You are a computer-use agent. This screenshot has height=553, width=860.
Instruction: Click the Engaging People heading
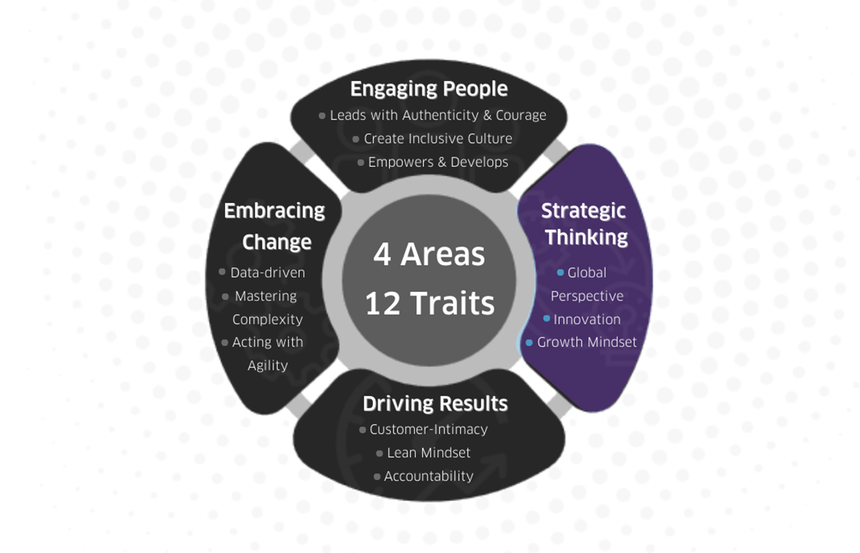[429, 89]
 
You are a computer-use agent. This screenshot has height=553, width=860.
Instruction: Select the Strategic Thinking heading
[584, 224]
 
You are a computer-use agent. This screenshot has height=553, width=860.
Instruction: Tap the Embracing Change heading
[275, 226]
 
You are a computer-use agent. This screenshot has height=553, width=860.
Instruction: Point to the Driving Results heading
[435, 404]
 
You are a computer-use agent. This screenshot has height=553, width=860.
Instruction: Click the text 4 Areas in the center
[429, 255]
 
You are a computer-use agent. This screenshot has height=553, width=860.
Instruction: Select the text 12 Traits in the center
[430, 303]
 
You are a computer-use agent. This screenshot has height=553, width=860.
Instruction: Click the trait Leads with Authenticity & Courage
[438, 115]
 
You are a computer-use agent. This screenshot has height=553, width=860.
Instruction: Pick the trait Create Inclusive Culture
[438, 138]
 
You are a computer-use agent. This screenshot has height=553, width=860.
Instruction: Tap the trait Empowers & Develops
[438, 162]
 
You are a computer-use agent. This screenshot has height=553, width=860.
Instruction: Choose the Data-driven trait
[268, 273]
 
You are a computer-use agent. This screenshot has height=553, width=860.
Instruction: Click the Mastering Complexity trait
[267, 308]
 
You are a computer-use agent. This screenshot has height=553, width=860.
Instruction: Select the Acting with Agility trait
[268, 354]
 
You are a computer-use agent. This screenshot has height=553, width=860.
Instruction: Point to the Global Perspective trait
[587, 284]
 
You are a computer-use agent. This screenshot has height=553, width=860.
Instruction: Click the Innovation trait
[587, 319]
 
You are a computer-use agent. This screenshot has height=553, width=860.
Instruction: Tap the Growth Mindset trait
[587, 342]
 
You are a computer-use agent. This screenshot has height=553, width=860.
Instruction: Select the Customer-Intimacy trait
[428, 430]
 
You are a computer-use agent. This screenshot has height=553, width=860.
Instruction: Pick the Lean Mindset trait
[428, 453]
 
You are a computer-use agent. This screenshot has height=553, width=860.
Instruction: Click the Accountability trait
[428, 476]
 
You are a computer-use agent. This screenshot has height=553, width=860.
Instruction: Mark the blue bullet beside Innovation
[547, 318]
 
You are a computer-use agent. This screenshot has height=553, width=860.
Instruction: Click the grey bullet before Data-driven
[222, 273]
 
